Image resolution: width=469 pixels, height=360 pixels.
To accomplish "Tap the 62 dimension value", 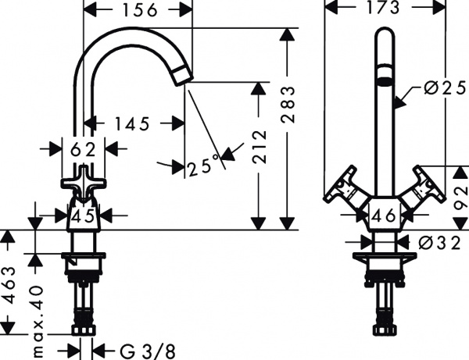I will (x=84, y=148).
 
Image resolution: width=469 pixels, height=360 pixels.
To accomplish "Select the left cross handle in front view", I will (x=342, y=190).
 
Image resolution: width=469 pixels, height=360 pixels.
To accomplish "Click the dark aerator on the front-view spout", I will (x=383, y=80).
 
